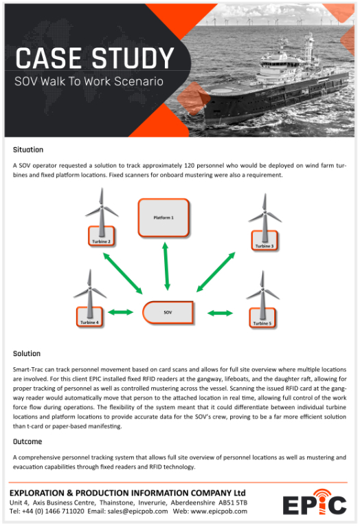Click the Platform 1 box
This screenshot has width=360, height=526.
[164, 218]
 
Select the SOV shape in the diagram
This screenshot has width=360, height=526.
[168, 312]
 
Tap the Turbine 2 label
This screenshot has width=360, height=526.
[101, 241]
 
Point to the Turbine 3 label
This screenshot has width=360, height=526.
[265, 246]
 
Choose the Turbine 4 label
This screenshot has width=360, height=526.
[89, 322]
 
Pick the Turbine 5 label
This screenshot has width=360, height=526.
[262, 323]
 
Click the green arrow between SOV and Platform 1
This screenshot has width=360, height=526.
[166, 266]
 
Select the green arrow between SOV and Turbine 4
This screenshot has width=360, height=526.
[121, 312]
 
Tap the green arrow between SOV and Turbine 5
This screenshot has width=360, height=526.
[220, 314]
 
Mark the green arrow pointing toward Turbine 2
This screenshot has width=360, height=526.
[123, 273]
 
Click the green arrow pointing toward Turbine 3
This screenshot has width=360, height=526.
[216, 272]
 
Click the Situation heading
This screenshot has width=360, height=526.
[28, 150]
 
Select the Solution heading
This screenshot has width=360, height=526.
[27, 353]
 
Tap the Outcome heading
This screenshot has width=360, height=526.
[27, 441]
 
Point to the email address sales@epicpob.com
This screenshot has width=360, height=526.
[137, 512]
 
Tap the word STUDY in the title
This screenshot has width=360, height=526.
[133, 58]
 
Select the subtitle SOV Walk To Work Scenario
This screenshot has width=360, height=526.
[89, 81]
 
